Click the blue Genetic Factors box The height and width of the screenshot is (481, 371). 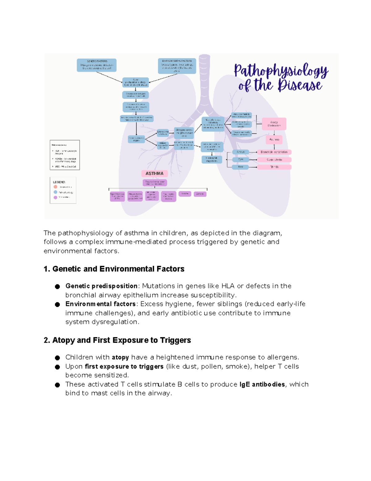pyautogui.click(x=97, y=65)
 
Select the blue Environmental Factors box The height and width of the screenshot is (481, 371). pyautogui.click(x=177, y=66)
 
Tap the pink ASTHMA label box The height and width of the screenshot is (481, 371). pyautogui.click(x=154, y=173)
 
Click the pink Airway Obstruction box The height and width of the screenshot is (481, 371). pyautogui.click(x=274, y=124)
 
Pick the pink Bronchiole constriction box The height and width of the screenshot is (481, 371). pyautogui.click(x=274, y=152)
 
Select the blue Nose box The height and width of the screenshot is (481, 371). pyautogui.click(x=241, y=167)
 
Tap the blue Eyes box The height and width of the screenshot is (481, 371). pyautogui.click(x=241, y=160)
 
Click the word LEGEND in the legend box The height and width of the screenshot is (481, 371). pyautogui.click(x=59, y=182)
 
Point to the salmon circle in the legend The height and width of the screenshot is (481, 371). pyautogui.click(x=55, y=187)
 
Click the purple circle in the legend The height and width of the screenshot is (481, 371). pyautogui.click(x=55, y=197)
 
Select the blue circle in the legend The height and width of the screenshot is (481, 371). pyautogui.click(x=55, y=192)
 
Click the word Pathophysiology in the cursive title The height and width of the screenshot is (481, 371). pyautogui.click(x=281, y=71)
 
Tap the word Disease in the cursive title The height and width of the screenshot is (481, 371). pyautogui.click(x=300, y=85)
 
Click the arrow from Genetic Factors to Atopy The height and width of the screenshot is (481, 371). pyautogui.click(x=109, y=77)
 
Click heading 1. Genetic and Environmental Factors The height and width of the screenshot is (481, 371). pyautogui.click(x=114, y=269)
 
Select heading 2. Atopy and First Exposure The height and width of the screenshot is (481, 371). pyautogui.click(x=117, y=340)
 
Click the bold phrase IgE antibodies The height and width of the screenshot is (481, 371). pyautogui.click(x=262, y=384)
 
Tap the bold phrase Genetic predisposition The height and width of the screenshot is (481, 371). pyautogui.click(x=101, y=286)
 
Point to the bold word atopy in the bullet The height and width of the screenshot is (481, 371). pyautogui.click(x=120, y=357)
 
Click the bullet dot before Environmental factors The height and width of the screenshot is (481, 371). pyautogui.click(x=58, y=304)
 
